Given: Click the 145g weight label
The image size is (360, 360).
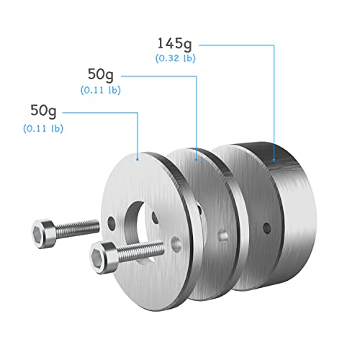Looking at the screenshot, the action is [174, 44].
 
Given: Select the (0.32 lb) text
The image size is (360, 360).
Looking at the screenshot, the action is [176, 58].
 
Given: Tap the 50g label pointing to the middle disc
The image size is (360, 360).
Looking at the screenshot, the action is [101, 75].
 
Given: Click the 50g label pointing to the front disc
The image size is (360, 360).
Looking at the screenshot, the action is [43, 111].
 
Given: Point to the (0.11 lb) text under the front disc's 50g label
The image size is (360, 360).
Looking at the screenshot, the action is [43, 128].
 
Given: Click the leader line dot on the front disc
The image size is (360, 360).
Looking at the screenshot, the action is [138, 159].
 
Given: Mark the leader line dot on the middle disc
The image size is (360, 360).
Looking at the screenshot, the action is [197, 159].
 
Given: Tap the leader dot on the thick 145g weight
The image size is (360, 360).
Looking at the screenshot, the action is [274, 159].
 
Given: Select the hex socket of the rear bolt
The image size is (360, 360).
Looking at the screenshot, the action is [38, 234].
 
